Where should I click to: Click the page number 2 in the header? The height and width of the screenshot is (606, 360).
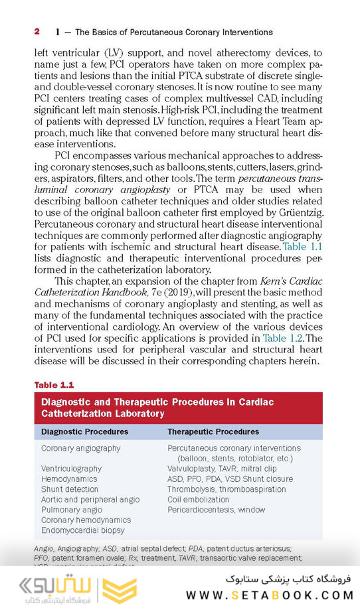tap(37, 31)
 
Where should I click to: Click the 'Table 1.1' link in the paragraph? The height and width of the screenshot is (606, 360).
tap(303, 247)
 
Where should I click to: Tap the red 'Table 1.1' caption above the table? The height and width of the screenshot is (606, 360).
tap(53, 385)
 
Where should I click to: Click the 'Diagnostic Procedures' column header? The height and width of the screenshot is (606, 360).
tap(84, 431)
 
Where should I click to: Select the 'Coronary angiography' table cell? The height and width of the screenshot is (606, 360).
tap(81, 448)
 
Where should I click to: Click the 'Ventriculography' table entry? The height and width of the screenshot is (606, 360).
tap(71, 469)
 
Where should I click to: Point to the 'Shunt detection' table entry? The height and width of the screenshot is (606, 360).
tap(69, 489)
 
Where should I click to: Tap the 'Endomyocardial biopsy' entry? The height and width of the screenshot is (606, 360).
tap(83, 530)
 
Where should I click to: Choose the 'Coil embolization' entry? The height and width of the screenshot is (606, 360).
tap(199, 499)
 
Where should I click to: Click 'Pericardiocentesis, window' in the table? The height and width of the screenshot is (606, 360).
tap(216, 510)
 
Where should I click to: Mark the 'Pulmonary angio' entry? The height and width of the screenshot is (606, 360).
tap(71, 510)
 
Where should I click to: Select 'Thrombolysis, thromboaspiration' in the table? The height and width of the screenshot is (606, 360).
tap(226, 489)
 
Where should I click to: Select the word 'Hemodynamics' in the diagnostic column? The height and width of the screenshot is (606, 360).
tap(69, 479)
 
